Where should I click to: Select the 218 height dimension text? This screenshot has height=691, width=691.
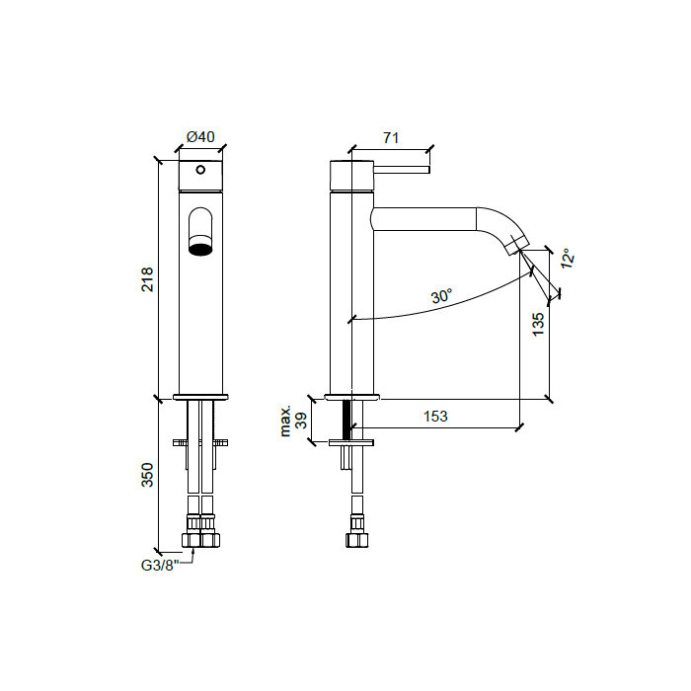click(147, 278)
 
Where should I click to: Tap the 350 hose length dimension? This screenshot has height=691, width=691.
click(147, 475)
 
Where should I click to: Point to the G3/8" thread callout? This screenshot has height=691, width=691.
click(162, 566)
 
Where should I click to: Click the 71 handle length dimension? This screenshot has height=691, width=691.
click(390, 138)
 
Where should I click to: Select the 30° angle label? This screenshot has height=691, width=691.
click(440, 296)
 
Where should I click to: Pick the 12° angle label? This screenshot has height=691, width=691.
click(567, 259)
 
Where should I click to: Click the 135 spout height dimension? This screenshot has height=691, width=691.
click(538, 325)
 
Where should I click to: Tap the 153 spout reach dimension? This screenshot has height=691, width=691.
click(434, 417)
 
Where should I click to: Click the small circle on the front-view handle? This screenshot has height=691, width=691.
click(200, 171)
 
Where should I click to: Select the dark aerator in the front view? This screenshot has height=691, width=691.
click(200, 247)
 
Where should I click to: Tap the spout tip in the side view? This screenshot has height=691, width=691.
click(517, 247)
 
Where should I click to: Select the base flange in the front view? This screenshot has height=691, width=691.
click(200, 397)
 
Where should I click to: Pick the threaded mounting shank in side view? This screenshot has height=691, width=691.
click(346, 420)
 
